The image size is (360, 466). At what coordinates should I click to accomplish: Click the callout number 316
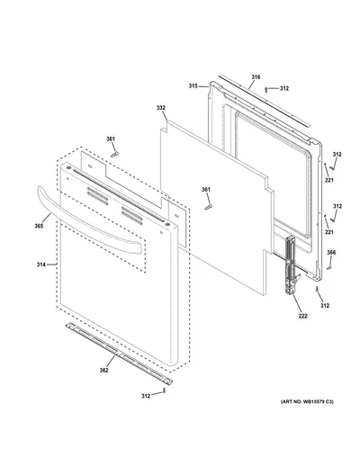(256, 77)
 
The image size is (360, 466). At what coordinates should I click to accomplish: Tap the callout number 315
(193, 86)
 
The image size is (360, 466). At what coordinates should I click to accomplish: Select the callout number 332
(161, 108)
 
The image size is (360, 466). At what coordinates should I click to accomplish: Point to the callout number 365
(39, 226)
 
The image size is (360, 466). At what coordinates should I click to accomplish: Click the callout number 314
(41, 264)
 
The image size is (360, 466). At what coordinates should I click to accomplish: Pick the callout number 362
(103, 371)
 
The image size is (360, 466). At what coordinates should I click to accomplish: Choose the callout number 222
(303, 316)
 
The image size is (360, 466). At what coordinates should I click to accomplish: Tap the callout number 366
(331, 253)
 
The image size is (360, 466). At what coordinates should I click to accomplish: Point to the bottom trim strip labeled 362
(120, 354)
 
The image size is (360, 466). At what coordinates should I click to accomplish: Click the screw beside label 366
(328, 267)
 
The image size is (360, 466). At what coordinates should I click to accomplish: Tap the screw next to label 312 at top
(265, 89)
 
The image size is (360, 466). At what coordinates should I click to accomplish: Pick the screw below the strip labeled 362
(164, 390)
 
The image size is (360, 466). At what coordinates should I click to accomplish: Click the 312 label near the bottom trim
(146, 396)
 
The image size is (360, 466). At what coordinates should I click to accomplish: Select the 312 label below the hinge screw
(325, 306)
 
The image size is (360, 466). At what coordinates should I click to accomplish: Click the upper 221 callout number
(329, 180)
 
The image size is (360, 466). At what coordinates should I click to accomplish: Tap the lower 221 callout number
(329, 232)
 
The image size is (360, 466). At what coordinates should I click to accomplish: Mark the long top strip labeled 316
(263, 101)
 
